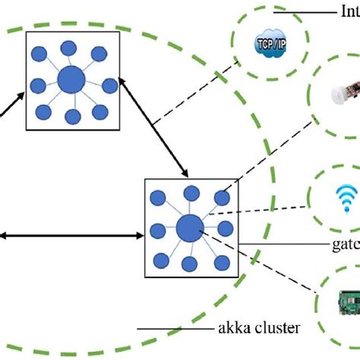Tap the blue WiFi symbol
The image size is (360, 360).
coord(341,199)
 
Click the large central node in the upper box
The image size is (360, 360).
coord(71,80)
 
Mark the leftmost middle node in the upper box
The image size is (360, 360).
coord(35,84)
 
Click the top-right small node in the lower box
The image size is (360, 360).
coord(222,198)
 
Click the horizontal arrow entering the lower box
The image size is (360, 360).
coord(68,237)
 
